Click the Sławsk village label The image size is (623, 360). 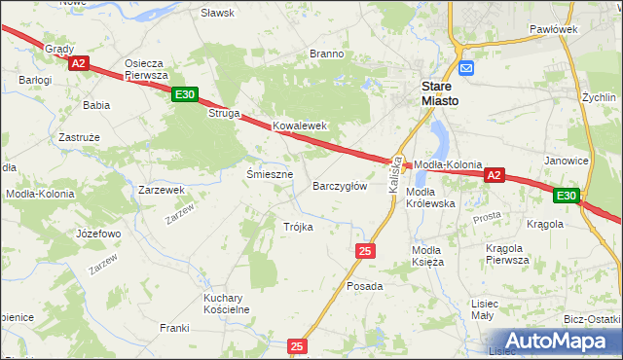click(x=217, y=13)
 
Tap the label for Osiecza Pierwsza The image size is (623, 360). click(x=147, y=69)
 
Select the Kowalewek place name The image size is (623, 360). click(x=299, y=126)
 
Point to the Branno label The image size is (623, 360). click(x=326, y=54)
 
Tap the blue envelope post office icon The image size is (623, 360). click(x=466, y=68)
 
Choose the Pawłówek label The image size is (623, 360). click(x=554, y=29)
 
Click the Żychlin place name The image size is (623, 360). click(x=599, y=98)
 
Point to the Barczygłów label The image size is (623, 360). click(x=340, y=186)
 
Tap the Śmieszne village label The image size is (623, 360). click(x=270, y=174)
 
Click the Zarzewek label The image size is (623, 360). click(x=162, y=190)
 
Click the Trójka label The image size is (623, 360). click(x=298, y=227)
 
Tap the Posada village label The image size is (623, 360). click(x=365, y=287)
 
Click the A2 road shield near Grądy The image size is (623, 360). click(x=79, y=63)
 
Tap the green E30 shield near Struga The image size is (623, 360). click(x=185, y=94)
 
